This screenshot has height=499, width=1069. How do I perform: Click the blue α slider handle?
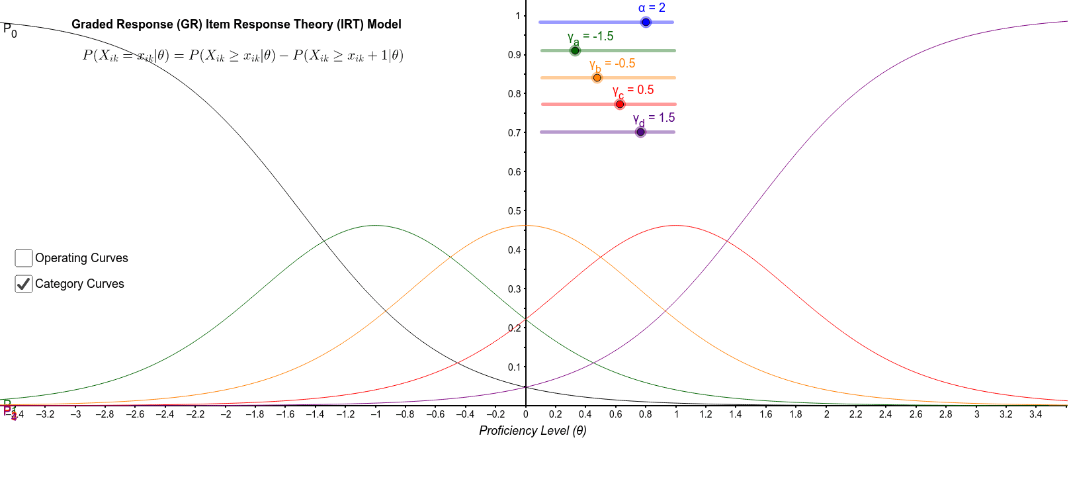[646, 23]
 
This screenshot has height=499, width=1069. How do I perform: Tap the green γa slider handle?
[575, 51]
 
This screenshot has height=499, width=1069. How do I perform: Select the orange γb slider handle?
[597, 78]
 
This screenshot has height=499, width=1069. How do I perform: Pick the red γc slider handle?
[620, 105]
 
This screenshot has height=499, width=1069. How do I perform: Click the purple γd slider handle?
[640, 132]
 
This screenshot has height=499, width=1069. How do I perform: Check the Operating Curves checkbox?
[24, 258]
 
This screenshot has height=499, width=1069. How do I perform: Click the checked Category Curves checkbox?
[24, 284]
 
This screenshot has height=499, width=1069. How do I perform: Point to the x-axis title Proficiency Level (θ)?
[533, 431]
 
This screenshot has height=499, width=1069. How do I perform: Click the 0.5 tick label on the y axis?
[515, 211]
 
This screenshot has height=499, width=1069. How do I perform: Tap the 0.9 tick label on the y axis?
[515, 55]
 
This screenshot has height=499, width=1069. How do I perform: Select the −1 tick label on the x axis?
[375, 414]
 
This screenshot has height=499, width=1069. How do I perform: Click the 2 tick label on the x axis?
[826, 414]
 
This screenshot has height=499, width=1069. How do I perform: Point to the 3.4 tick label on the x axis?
[1035, 414]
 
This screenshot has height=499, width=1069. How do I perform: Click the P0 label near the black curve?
[10, 30]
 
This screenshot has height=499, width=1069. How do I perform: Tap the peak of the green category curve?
[375, 226]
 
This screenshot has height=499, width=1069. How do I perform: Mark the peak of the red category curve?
[675, 226]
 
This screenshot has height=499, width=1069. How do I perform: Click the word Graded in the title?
[89, 24]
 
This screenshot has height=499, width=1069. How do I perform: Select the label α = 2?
[652, 8]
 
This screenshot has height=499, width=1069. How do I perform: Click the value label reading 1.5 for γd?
[666, 118]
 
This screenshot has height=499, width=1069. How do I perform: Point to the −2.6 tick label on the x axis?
[134, 414]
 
